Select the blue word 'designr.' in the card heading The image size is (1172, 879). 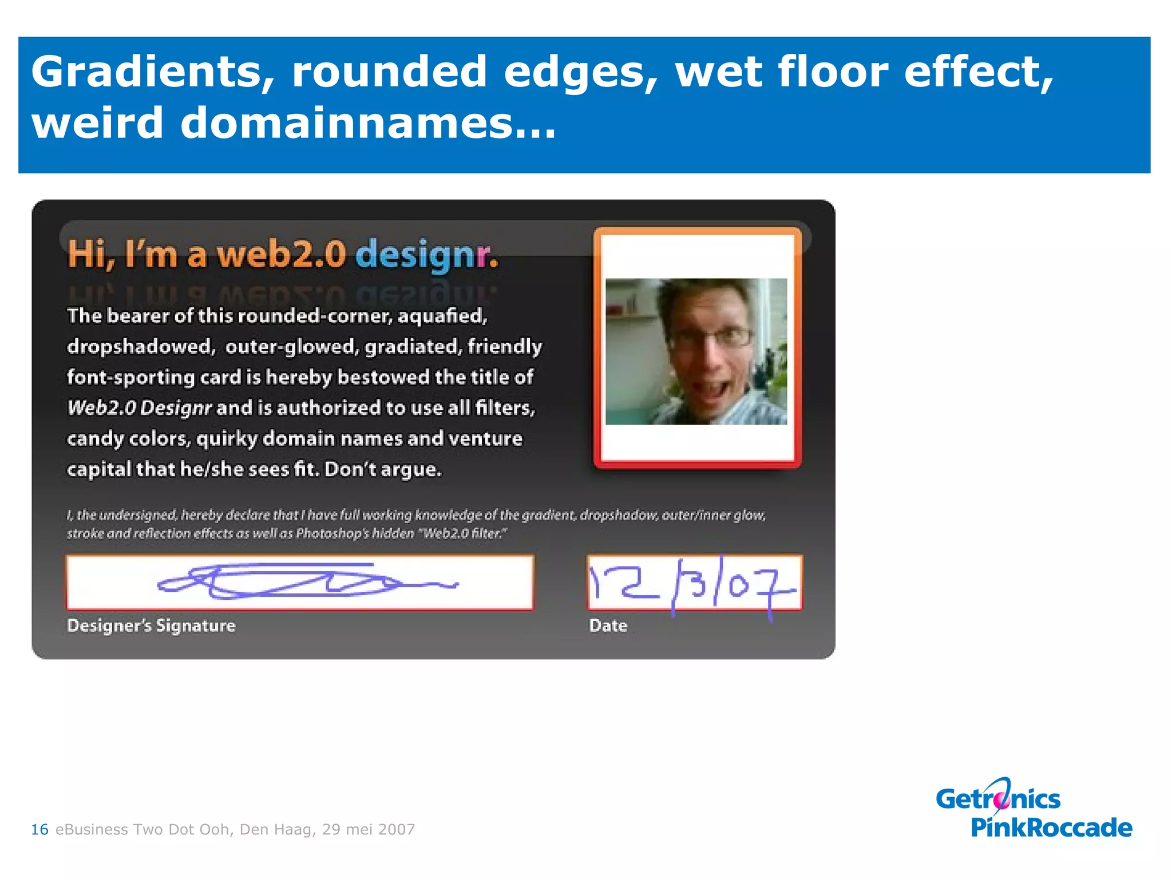pos(427,255)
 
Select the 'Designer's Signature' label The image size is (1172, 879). pos(151,625)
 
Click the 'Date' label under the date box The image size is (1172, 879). pos(608,625)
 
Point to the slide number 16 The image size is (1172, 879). pos(39,829)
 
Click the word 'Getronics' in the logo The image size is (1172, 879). pos(998,798)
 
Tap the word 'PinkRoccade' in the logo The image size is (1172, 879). pos(1051,827)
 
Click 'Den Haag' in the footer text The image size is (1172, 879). pos(277,829)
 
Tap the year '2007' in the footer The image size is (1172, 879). pos(397,829)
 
